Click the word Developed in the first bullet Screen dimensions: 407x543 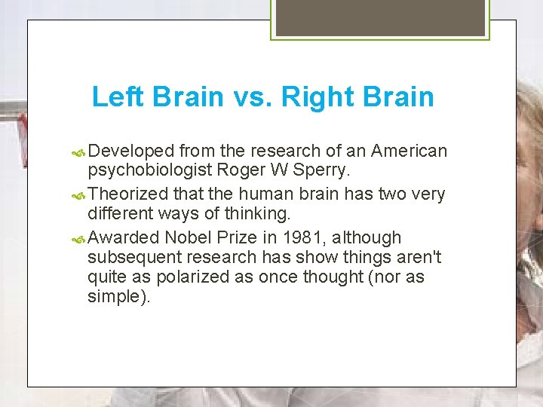pos(132,151)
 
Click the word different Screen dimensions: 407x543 pos(119,213)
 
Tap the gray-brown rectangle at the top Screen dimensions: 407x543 pos(380,17)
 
